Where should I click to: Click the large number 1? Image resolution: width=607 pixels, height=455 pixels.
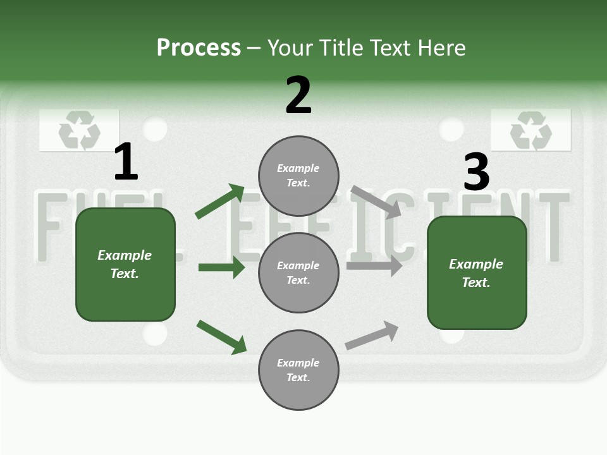click(x=125, y=162)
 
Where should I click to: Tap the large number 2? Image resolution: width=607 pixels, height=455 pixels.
click(x=298, y=95)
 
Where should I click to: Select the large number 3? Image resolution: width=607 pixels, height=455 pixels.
click(x=476, y=173)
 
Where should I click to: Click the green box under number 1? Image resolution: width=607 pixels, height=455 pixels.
click(x=125, y=264)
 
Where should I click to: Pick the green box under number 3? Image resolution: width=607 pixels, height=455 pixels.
click(x=477, y=273)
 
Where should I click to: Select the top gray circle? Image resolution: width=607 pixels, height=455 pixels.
click(x=298, y=176)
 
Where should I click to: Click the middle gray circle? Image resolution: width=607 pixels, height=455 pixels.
click(x=298, y=272)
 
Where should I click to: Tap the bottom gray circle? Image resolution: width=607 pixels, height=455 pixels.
click(x=298, y=370)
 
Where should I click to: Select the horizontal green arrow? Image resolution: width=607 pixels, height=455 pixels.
click(x=221, y=267)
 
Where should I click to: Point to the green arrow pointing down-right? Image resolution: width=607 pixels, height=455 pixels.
click(x=221, y=337)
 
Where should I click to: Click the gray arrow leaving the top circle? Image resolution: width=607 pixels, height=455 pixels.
click(x=376, y=202)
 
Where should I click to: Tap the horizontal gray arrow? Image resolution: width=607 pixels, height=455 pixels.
click(x=374, y=266)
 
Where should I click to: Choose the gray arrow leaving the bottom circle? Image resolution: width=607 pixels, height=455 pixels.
click(x=372, y=336)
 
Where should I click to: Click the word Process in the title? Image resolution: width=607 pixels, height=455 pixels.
click(x=199, y=47)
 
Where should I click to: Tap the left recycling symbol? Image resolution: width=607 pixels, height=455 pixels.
click(x=79, y=131)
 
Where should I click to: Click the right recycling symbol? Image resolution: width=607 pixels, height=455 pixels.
click(x=530, y=130)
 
